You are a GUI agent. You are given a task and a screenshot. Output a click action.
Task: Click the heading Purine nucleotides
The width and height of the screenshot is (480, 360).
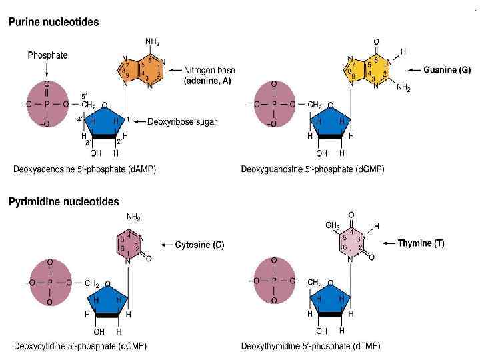click(53, 22)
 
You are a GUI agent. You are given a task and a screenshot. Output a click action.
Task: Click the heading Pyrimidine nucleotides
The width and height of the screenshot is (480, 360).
click(63, 201)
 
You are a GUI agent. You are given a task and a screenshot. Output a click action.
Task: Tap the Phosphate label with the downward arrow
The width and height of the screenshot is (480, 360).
click(47, 56)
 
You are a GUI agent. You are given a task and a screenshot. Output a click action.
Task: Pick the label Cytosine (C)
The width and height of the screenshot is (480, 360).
click(199, 245)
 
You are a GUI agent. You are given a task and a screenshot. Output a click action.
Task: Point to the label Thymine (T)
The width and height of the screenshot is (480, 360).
click(421, 243)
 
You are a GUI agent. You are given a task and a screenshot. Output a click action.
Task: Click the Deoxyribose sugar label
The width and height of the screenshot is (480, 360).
click(183, 121)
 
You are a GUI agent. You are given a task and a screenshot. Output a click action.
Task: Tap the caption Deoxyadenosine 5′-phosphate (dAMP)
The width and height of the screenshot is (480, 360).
click(85, 169)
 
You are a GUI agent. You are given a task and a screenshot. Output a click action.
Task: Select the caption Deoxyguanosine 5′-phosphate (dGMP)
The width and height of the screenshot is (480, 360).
click(313, 169)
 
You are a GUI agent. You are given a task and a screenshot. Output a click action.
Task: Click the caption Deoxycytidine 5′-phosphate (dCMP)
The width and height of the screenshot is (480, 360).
click(80, 346)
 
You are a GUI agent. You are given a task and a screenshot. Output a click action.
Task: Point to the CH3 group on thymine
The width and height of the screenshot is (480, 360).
click(333, 226)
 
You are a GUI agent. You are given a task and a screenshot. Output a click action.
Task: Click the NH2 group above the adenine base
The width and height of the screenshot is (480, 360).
click(152, 42)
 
